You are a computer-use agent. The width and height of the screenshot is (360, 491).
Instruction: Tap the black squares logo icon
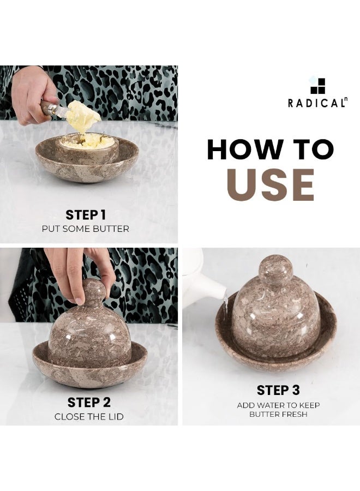tap(317, 86)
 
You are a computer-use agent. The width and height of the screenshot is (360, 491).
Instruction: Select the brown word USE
tap(271, 185)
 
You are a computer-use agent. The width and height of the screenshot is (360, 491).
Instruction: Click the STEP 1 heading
tap(86, 215)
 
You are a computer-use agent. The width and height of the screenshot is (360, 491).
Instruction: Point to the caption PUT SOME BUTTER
tap(86, 229)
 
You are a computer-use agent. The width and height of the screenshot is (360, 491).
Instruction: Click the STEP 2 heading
tap(89, 403)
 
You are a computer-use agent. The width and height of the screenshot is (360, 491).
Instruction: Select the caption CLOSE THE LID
tap(89, 416)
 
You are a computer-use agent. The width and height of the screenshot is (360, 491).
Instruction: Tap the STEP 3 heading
tap(278, 390)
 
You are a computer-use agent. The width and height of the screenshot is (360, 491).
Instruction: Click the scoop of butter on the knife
tap(82, 116)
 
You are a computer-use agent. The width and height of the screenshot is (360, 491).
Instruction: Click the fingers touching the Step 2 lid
tap(82, 272)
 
